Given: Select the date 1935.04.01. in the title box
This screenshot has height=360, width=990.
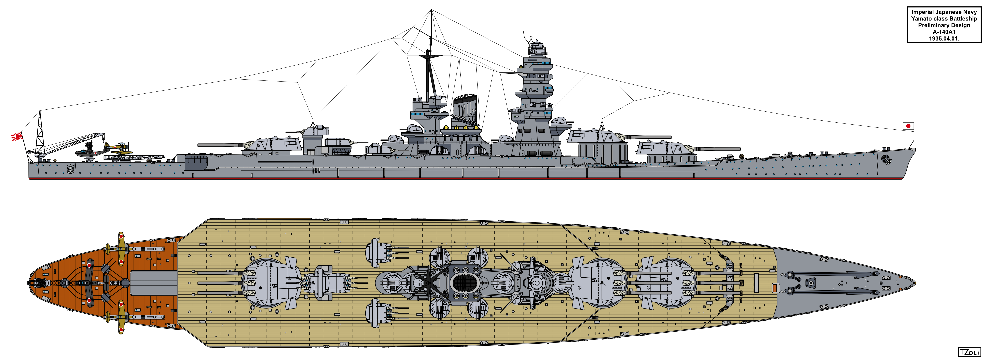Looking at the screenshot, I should [944, 38].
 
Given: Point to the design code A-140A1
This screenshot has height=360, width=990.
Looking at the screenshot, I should [944, 32].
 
